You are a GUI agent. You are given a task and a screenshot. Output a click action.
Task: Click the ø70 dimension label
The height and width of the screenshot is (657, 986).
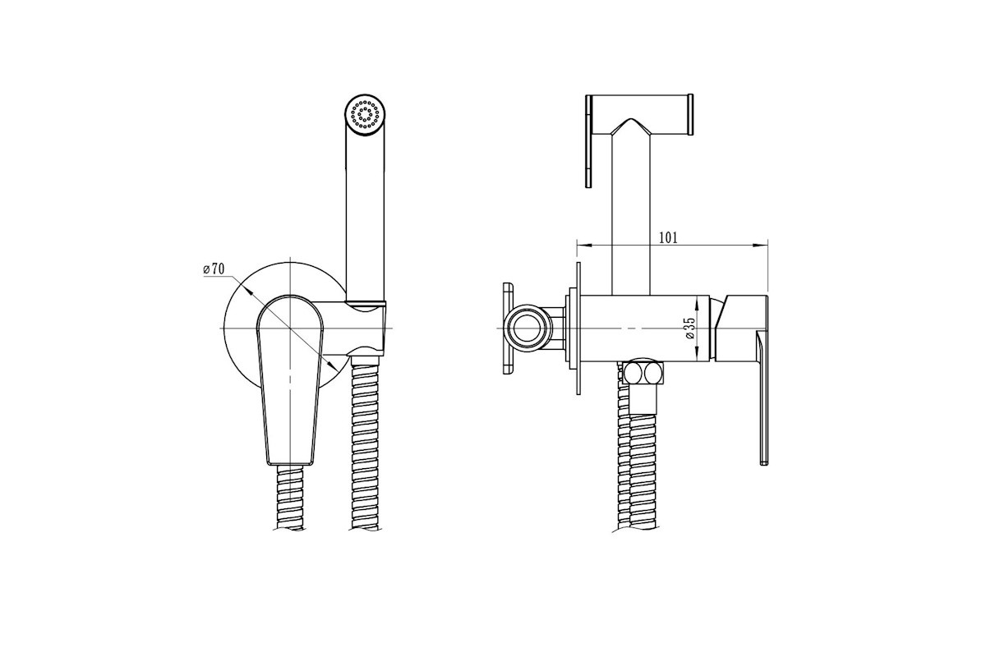coord(214,268)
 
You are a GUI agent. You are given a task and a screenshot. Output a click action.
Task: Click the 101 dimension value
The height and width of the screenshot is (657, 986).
coord(668,237)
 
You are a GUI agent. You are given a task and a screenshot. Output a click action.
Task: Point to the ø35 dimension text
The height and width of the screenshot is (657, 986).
coord(689,328)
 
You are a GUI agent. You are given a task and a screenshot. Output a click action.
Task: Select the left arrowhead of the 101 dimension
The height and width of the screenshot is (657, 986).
coord(583,245)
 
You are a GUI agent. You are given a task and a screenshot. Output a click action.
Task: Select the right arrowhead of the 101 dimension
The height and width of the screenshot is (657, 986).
coord(762,245)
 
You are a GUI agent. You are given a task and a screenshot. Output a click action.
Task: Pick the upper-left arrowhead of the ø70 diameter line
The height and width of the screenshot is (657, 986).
coord(247,292)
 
